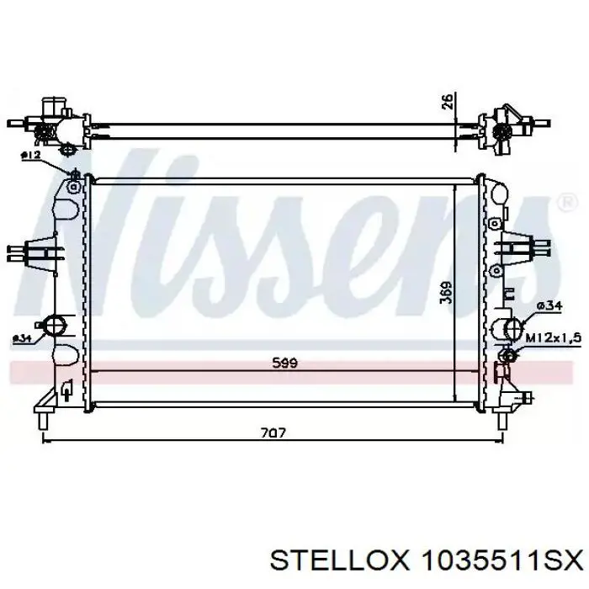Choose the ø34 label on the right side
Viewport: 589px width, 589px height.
[x=549, y=306]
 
